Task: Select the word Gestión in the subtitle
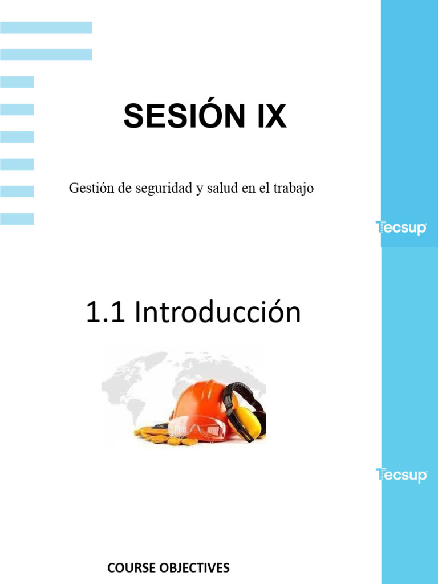click(x=91, y=188)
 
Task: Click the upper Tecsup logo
click(x=401, y=228)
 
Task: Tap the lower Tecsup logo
click(x=401, y=474)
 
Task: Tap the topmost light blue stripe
click(x=46, y=27)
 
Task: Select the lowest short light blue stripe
click(x=17, y=219)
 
